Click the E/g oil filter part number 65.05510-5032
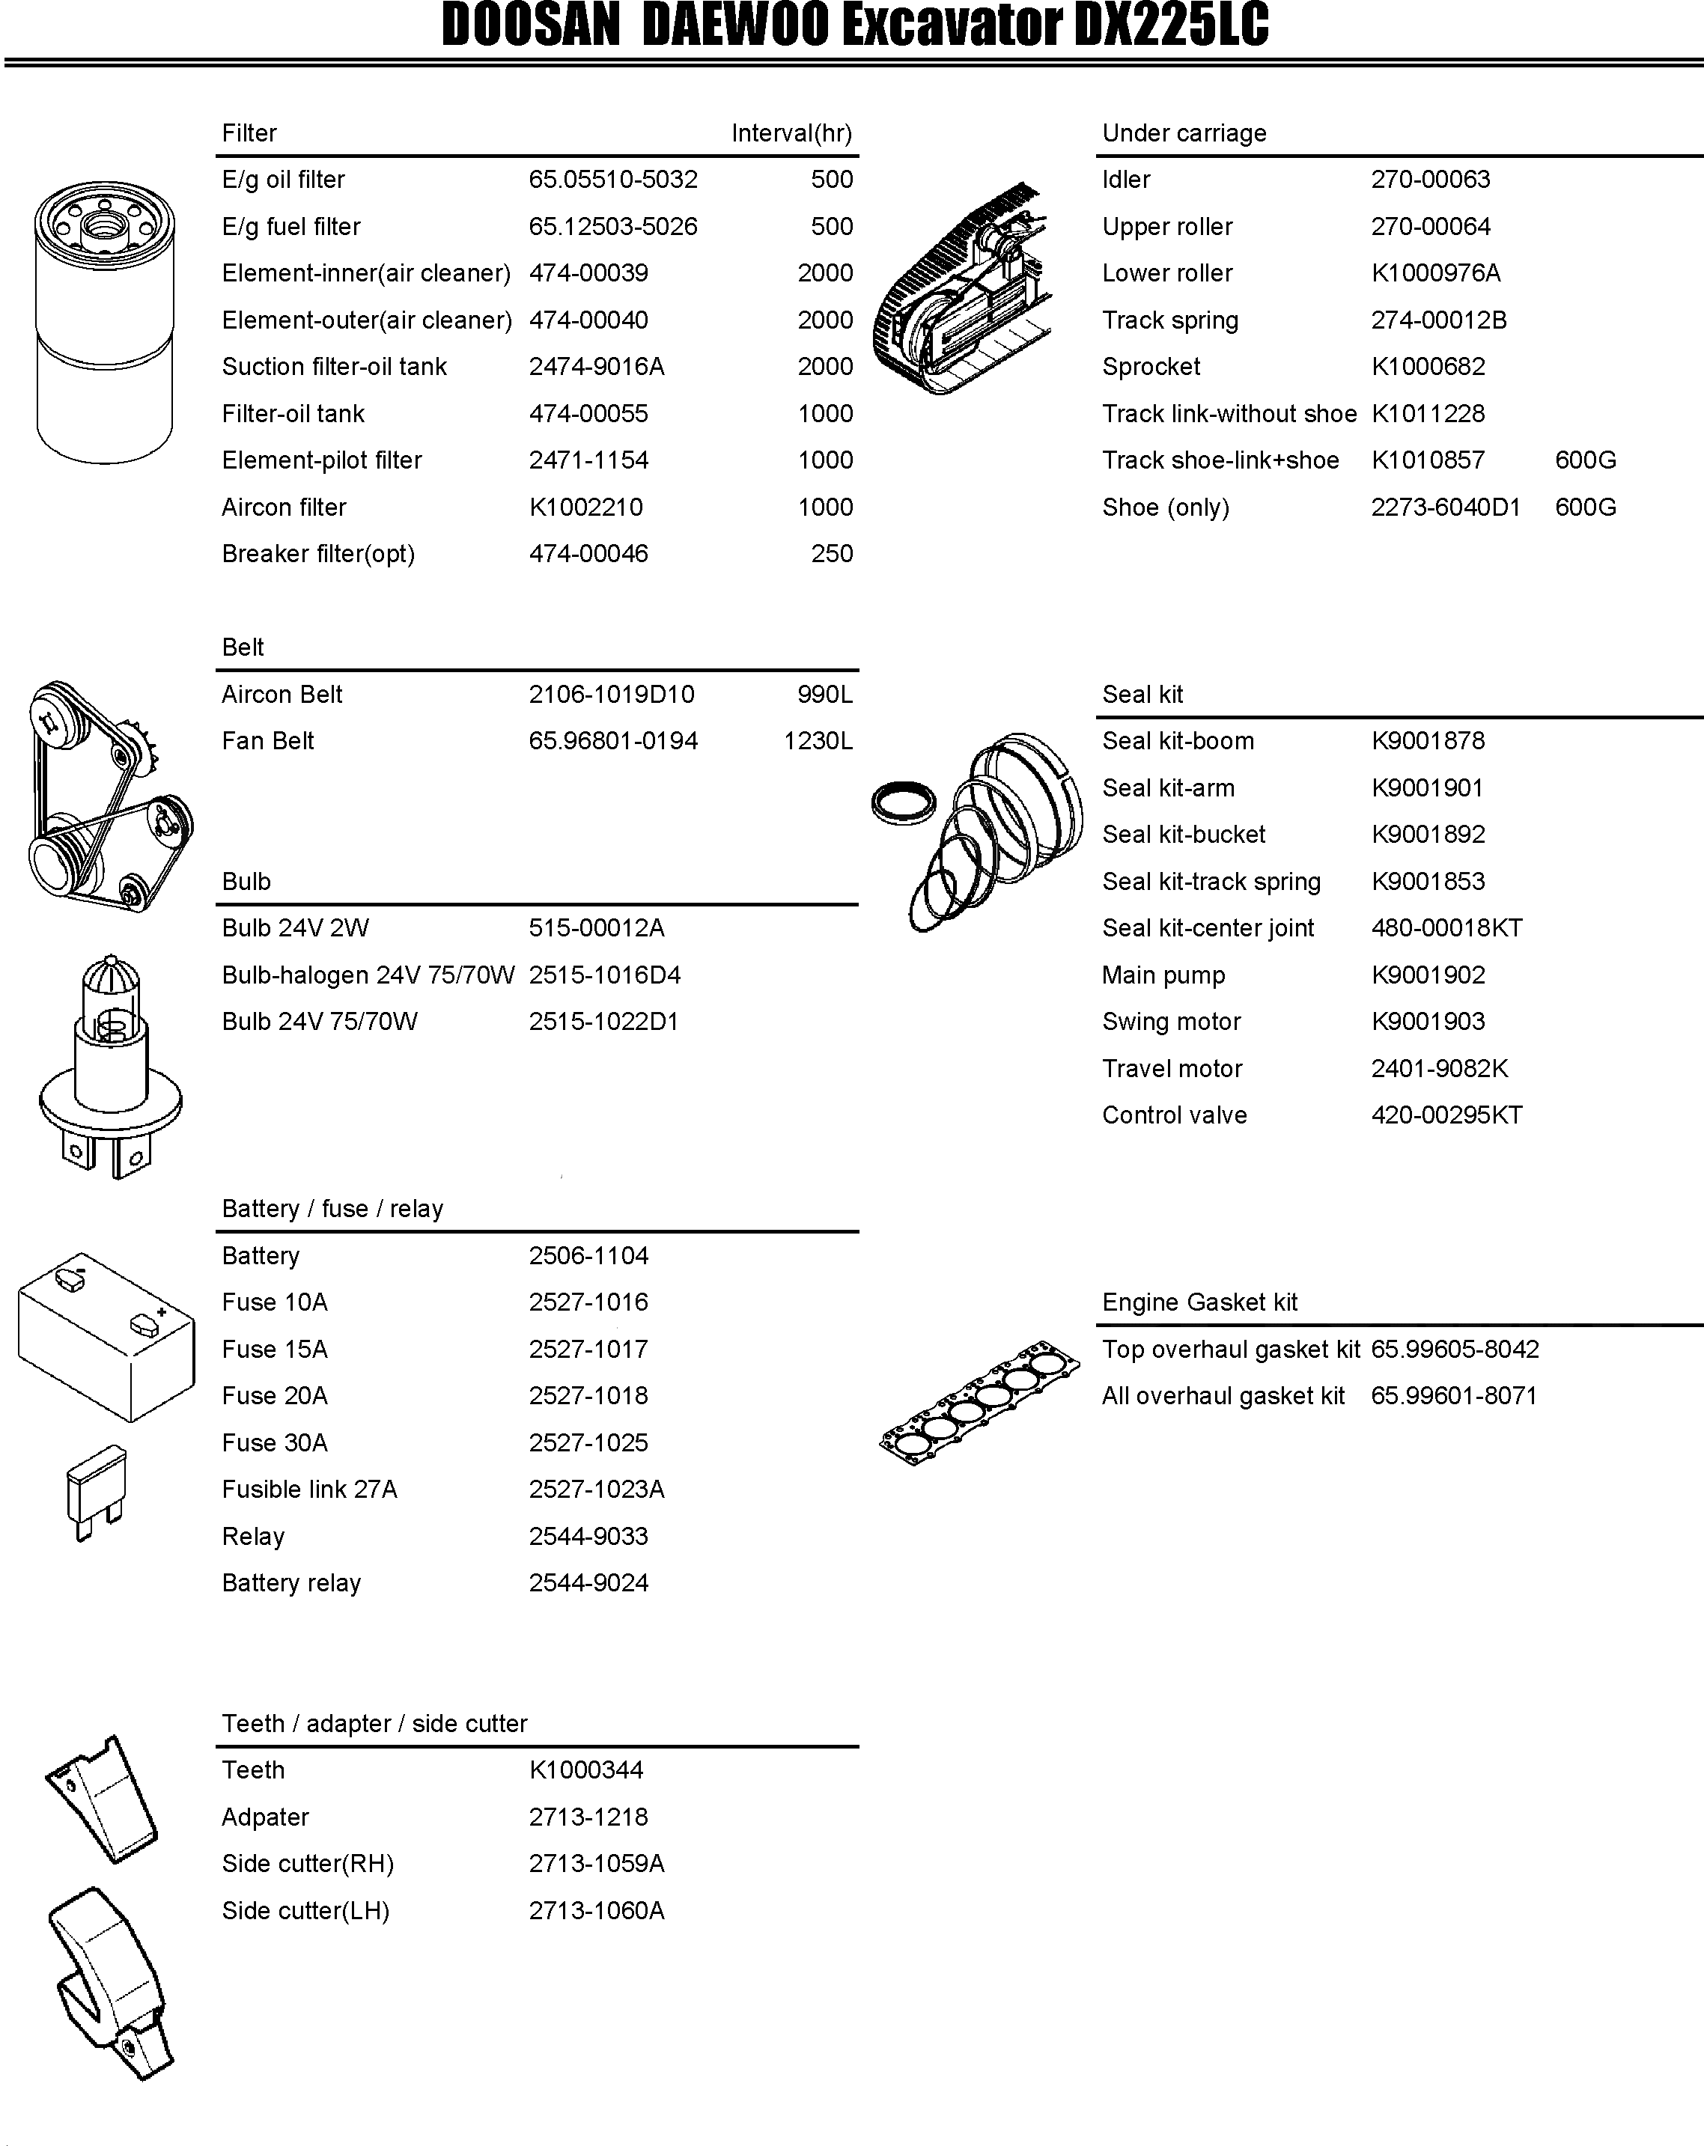[612, 180]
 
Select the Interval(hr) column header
[791, 133]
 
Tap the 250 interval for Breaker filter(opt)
[831, 555]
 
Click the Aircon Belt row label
[282, 695]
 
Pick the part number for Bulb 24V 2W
[596, 929]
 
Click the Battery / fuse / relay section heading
[332, 1210]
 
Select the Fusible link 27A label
[308, 1490]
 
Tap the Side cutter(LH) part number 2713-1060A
[596, 1911]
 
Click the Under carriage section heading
[1184, 133]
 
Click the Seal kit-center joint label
[1208, 929]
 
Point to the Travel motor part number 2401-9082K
[1439, 1069]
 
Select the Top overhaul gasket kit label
[1230, 1350]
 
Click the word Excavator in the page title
[954, 27]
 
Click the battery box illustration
[106, 1337]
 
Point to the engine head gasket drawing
[979, 1401]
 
